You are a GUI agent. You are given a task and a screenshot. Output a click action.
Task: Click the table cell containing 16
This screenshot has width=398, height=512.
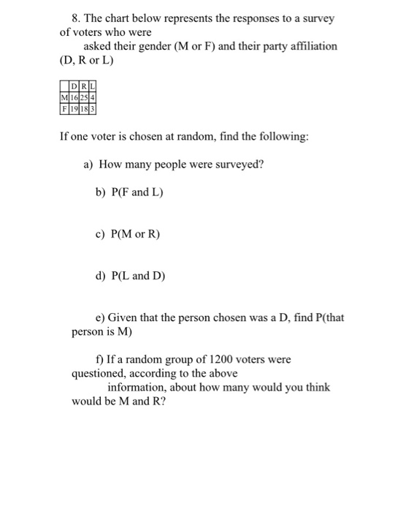point(75,98)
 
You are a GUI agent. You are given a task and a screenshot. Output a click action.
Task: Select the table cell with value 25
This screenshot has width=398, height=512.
point(85,98)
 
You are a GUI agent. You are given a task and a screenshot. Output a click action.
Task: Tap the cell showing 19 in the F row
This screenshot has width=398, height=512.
point(75,108)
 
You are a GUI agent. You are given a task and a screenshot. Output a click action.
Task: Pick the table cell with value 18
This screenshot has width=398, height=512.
point(85,108)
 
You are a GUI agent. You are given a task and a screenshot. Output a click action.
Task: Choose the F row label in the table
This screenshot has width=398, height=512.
point(66,108)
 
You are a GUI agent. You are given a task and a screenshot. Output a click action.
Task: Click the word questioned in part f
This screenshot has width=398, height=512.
point(100,373)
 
